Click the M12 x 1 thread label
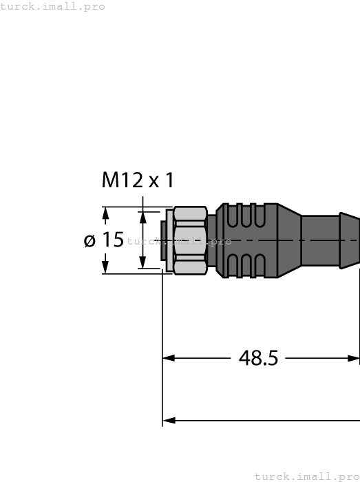click(x=138, y=180)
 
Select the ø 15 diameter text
click(x=103, y=240)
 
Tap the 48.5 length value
click(x=258, y=358)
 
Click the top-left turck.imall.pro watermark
click(x=53, y=6)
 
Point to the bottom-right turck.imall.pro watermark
click(x=307, y=476)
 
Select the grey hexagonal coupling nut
click(x=191, y=240)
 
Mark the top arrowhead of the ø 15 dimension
click(x=105, y=214)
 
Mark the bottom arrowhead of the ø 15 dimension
click(x=105, y=266)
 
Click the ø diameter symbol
click(x=89, y=240)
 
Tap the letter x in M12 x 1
click(x=153, y=182)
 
